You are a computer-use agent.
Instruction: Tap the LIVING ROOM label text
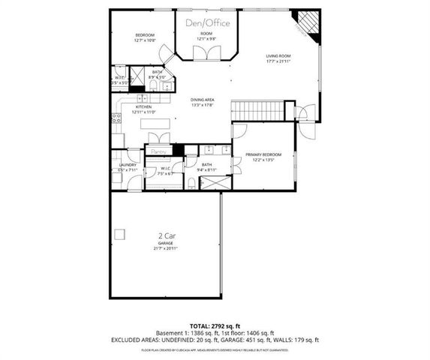278,56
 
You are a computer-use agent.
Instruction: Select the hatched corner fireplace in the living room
308,23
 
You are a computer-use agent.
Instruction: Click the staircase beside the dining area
259,111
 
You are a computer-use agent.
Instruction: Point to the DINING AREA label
203,100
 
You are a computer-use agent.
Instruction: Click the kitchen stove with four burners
116,117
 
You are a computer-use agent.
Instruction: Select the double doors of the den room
203,52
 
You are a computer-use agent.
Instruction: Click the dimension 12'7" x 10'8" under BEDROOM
145,40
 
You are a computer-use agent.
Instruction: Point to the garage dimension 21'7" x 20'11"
167,248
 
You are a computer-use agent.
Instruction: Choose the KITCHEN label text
144,106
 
